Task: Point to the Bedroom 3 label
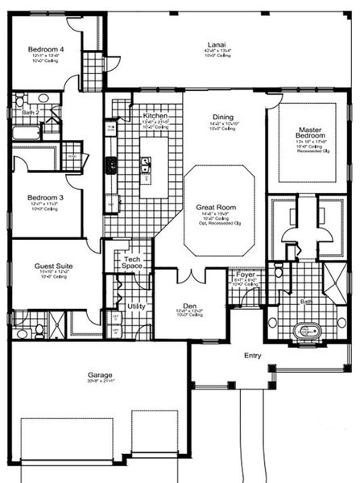[x=45, y=197]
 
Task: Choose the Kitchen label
[x=155, y=116]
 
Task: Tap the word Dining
[x=223, y=117]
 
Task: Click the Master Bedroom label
[x=310, y=134]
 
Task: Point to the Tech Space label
[x=131, y=261]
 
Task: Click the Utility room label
[x=137, y=306]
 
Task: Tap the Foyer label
[x=246, y=275]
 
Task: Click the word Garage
[x=100, y=374]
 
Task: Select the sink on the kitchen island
[x=145, y=165]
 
